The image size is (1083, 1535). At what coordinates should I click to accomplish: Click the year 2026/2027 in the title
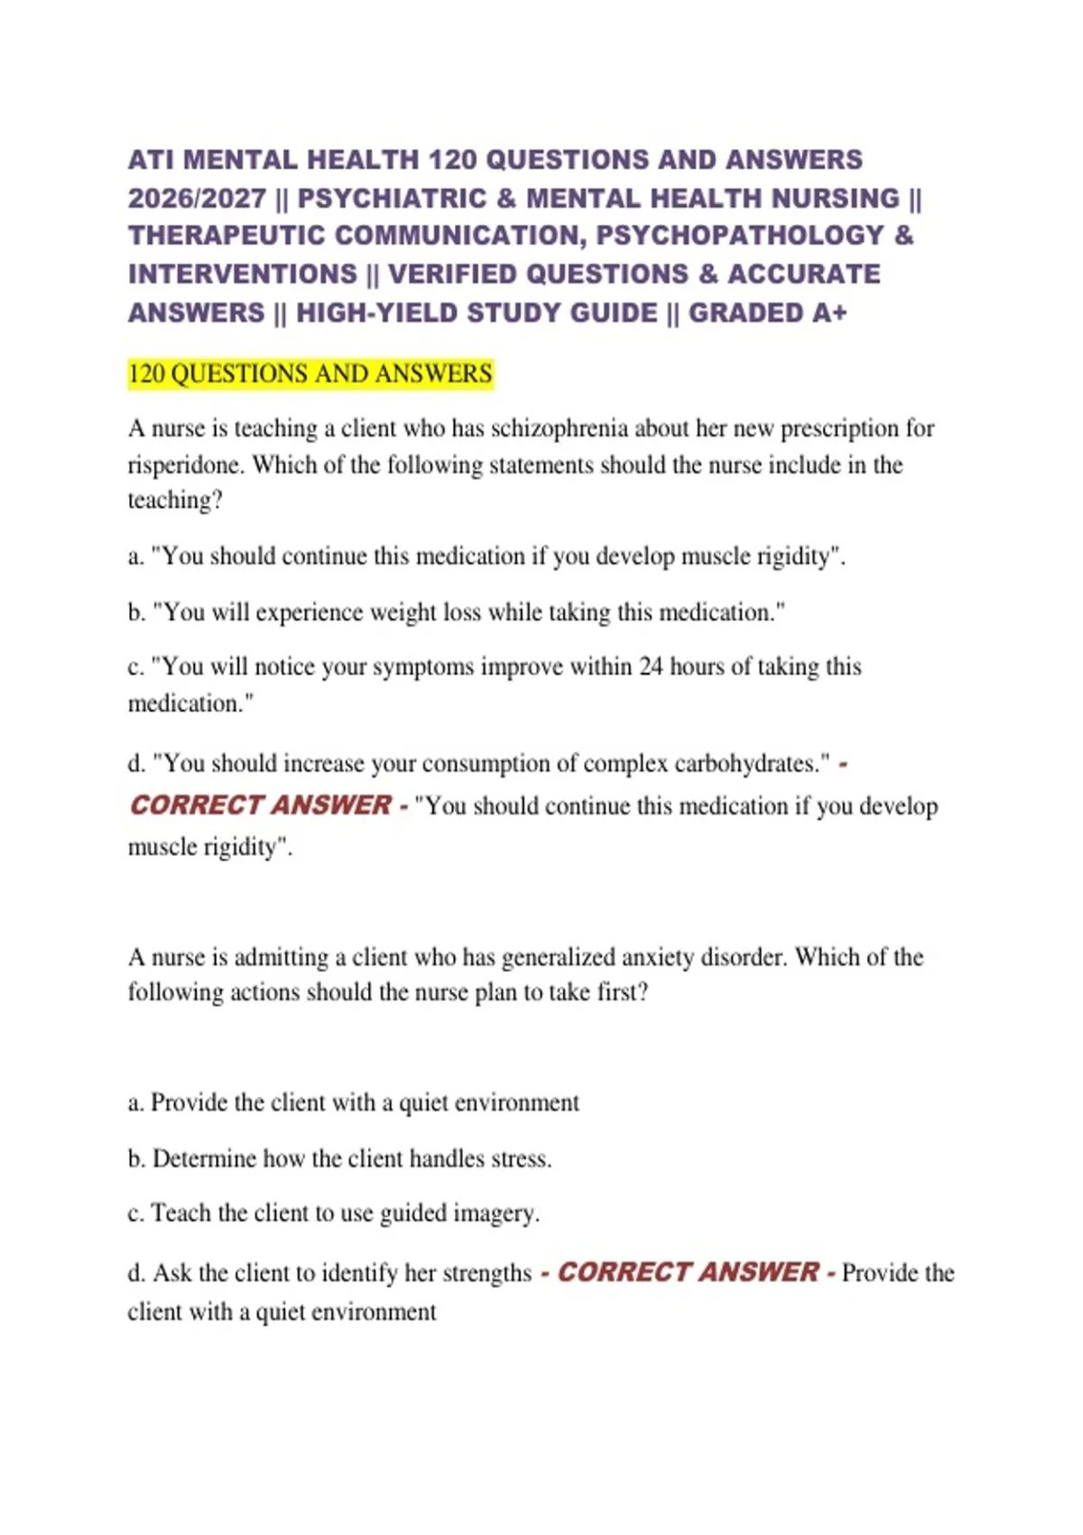197,198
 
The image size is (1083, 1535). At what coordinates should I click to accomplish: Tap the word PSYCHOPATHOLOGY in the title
740,236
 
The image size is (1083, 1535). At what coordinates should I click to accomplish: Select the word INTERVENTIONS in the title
243,274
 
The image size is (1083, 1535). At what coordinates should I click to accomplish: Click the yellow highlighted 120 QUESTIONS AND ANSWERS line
310,374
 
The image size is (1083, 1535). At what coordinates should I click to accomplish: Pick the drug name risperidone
185,465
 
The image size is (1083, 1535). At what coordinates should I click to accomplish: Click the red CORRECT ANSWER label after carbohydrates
262,805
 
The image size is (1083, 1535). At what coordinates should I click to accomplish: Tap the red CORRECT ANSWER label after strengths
689,1272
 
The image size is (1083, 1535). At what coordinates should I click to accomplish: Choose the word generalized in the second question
557,957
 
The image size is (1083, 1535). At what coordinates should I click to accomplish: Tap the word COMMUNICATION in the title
460,236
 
